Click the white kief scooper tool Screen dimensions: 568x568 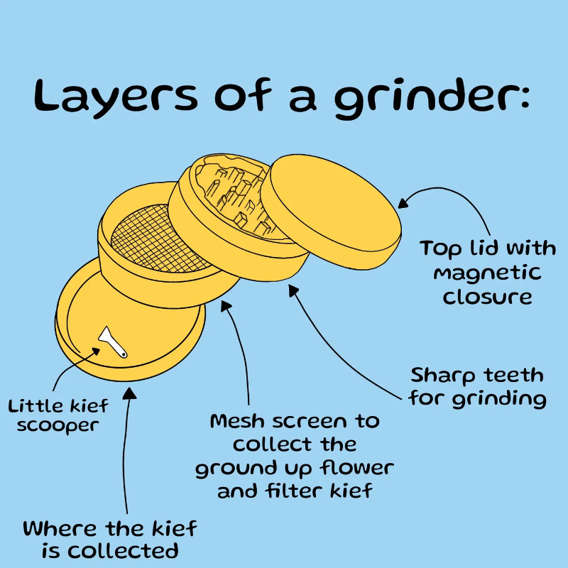113,342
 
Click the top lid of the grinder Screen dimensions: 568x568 331,212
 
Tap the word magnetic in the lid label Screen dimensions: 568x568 487,273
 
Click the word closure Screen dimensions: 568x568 487,297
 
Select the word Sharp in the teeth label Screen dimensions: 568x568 442,376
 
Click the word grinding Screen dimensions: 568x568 499,399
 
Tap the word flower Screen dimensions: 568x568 357,468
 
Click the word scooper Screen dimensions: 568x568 58,426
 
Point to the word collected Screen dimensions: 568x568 123,551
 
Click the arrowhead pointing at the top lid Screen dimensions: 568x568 403,203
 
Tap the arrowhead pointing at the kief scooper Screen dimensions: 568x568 95,351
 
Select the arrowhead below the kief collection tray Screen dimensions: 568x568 129,393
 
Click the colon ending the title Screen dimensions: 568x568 525,98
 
